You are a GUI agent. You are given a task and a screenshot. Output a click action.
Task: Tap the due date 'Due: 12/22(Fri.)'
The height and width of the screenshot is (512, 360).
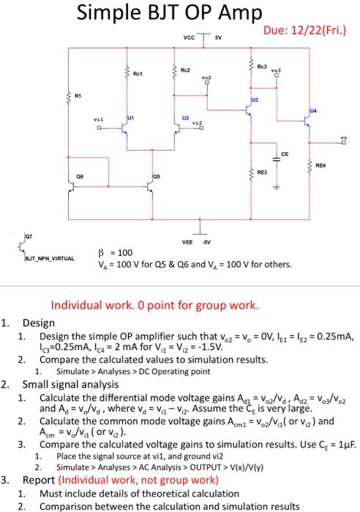coord(310,31)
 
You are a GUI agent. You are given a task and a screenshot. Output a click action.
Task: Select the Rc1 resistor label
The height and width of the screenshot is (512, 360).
coord(136,72)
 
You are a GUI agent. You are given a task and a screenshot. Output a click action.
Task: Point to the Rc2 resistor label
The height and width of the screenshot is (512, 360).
coord(187,71)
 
